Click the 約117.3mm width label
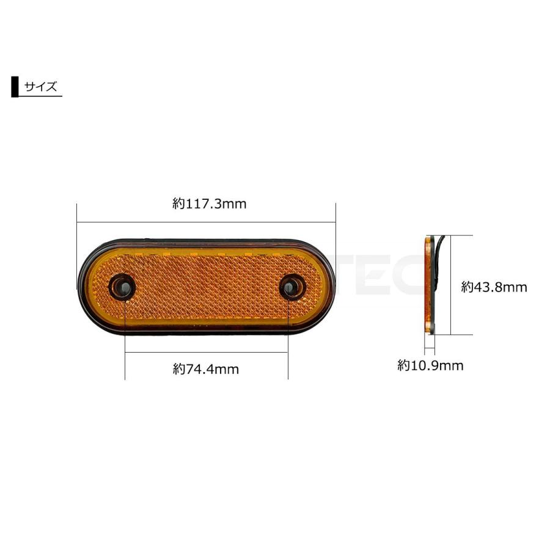click(209, 204)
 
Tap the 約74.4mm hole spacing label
click(205, 369)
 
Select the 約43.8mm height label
click(494, 287)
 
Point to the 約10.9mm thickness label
click(430, 365)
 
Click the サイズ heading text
click(40, 86)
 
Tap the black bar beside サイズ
click(15, 86)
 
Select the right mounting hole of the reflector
click(292, 287)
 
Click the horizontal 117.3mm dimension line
click(207, 222)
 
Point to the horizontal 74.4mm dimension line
click(207, 352)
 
